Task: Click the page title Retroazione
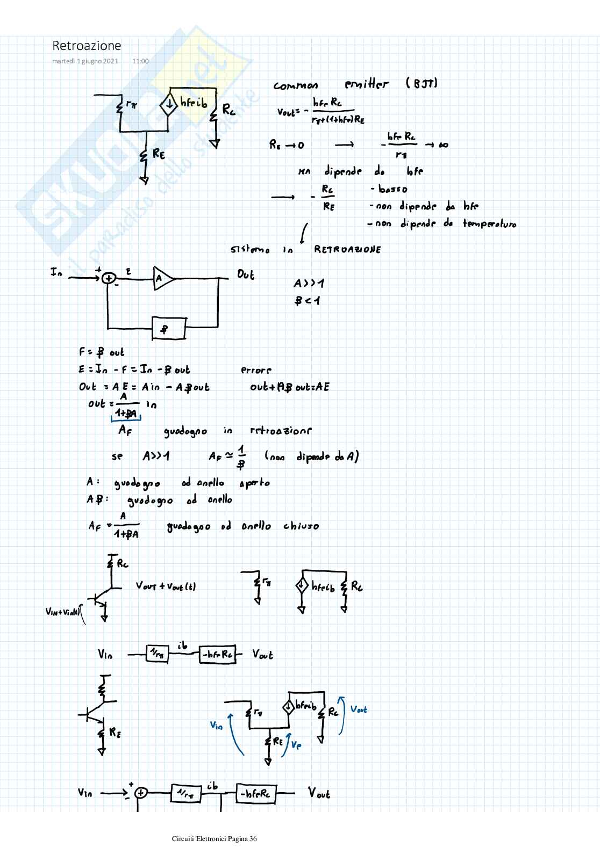click(x=87, y=46)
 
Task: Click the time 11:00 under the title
click(x=140, y=61)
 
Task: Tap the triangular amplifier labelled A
click(x=163, y=278)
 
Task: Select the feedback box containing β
click(x=169, y=328)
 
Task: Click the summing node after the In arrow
click(x=109, y=278)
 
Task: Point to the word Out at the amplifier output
click(x=246, y=274)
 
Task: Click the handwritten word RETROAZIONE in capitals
click(x=347, y=250)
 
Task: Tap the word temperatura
click(x=489, y=224)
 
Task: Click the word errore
click(x=256, y=370)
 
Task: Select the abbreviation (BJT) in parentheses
click(x=422, y=83)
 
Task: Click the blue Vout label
click(x=359, y=709)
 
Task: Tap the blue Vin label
click(x=216, y=726)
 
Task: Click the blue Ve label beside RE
click(x=296, y=745)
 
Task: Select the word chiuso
click(x=301, y=526)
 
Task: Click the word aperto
click(x=254, y=483)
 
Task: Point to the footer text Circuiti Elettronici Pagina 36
click(x=215, y=839)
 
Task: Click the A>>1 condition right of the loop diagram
click(x=309, y=283)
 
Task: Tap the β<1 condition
click(x=307, y=301)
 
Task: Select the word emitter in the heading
click(x=366, y=84)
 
